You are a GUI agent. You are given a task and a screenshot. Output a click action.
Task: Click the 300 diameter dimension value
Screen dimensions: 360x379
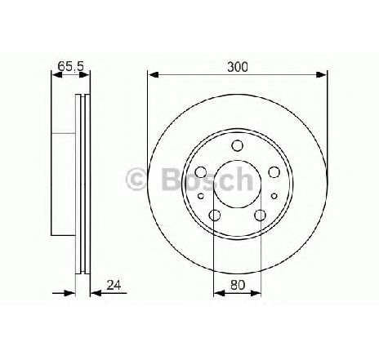(237, 62)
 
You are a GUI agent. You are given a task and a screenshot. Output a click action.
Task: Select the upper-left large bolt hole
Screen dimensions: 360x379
(202, 172)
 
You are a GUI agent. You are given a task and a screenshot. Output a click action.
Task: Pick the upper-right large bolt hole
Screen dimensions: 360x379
(274, 172)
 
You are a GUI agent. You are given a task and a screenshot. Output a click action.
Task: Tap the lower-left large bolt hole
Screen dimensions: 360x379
(216, 215)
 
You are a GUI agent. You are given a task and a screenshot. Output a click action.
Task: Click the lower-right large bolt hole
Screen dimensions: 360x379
(260, 215)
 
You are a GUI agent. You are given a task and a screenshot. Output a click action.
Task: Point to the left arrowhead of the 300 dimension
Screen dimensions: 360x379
(152, 73)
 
